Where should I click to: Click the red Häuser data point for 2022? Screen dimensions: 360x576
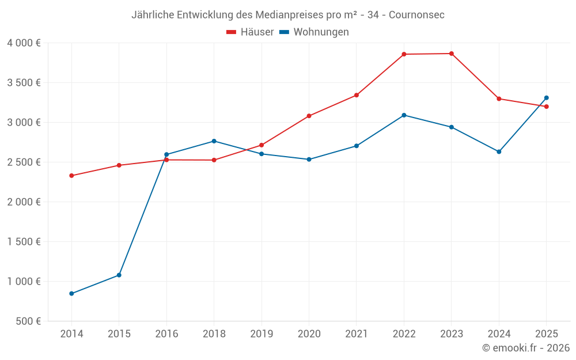(x=404, y=54)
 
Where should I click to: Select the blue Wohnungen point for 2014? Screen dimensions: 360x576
(x=71, y=294)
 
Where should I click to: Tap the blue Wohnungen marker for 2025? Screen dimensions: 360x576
(x=547, y=98)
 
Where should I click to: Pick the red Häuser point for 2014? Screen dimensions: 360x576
(x=71, y=176)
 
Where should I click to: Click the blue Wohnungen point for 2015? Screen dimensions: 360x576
(x=119, y=275)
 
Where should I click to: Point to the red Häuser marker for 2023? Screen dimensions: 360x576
(x=452, y=54)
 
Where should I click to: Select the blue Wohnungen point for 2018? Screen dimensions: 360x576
(x=214, y=141)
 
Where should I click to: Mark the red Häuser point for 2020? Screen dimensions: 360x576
(x=309, y=116)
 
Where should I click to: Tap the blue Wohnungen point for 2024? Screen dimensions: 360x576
(x=499, y=152)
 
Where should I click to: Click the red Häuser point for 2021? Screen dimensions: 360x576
(x=357, y=95)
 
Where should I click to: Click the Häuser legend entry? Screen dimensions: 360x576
(x=250, y=32)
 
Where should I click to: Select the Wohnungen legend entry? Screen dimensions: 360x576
(x=314, y=32)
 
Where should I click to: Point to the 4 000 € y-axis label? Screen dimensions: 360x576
(x=24, y=43)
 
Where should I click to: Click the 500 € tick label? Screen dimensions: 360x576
(x=28, y=321)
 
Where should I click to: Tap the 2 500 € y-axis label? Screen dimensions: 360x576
(x=24, y=162)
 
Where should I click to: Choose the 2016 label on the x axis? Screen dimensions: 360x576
(x=166, y=334)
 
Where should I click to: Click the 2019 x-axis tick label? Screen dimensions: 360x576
(x=262, y=334)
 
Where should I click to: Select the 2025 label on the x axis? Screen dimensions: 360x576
(x=547, y=334)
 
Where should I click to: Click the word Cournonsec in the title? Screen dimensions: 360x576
(x=416, y=15)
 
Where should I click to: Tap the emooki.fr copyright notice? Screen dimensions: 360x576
(x=526, y=348)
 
